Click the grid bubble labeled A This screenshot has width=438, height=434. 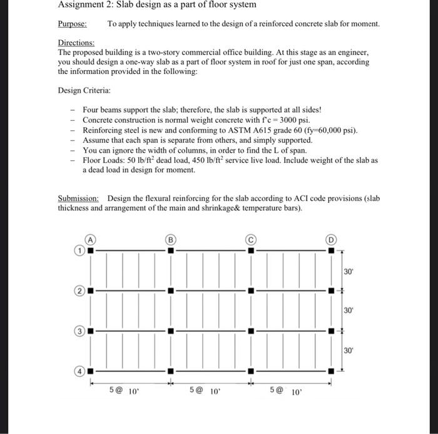click(x=91, y=239)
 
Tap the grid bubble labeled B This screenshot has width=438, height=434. click(x=170, y=239)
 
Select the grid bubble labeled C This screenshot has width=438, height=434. click(x=250, y=239)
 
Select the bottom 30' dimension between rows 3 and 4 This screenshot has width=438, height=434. click(x=349, y=351)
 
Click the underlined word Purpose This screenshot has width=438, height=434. click(x=72, y=24)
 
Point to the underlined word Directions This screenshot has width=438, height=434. click(x=76, y=43)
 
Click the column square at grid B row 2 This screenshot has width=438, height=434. click(x=170, y=291)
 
